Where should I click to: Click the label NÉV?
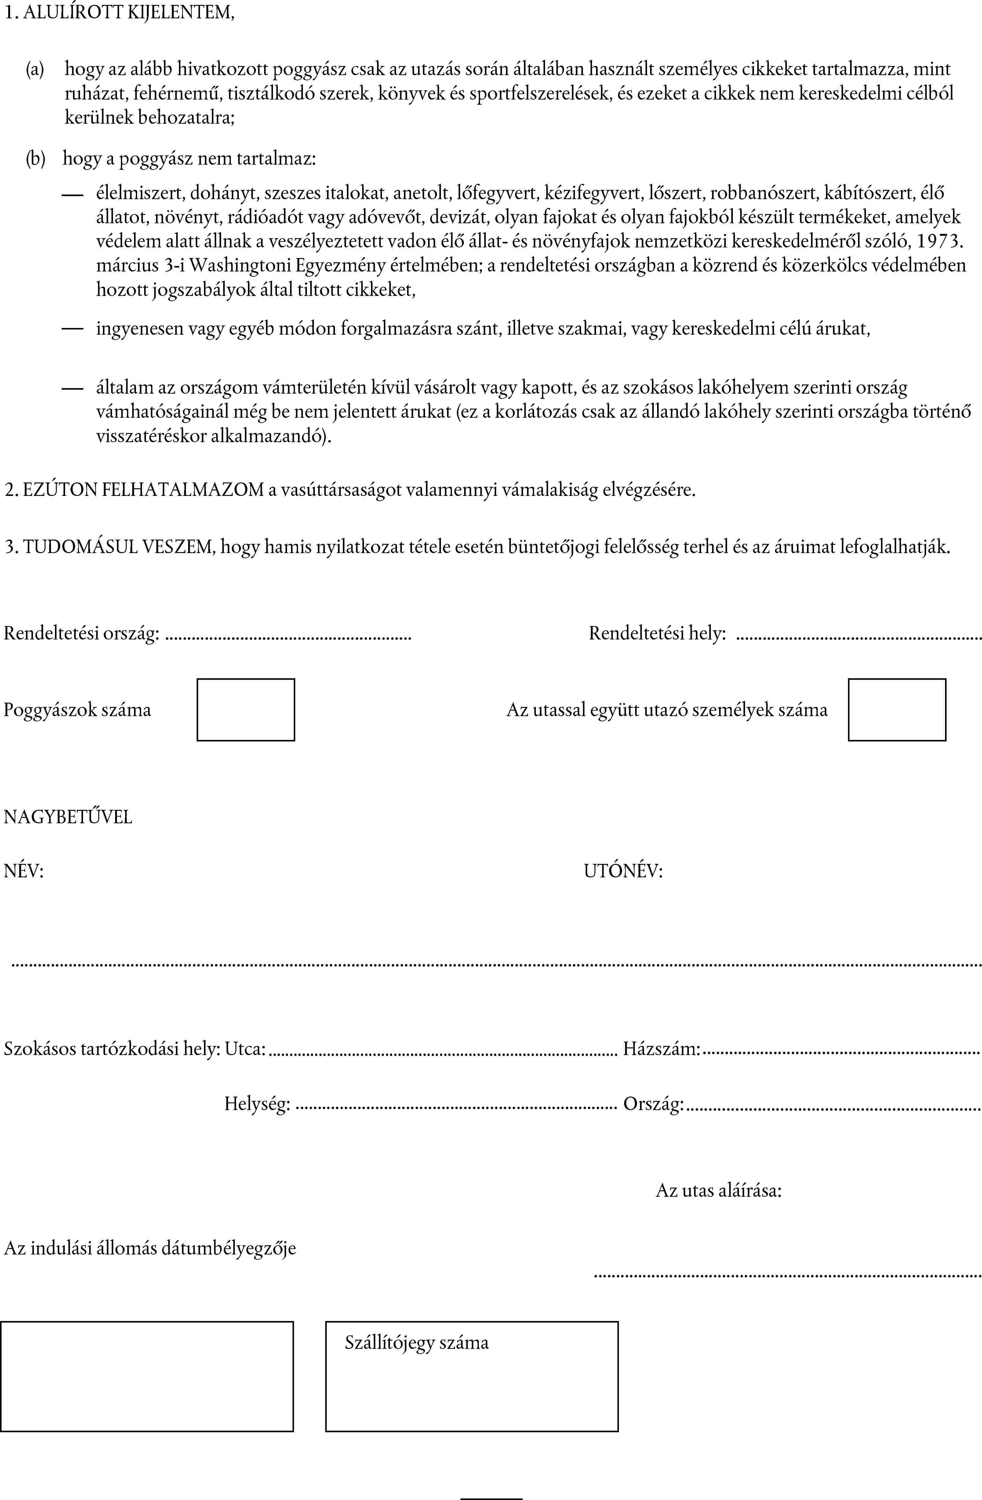point(23,871)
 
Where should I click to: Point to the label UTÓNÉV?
point(623,871)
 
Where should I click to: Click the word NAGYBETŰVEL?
point(68,817)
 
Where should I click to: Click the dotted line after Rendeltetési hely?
point(858,639)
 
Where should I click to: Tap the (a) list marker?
point(35,69)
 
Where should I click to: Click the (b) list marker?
point(35,158)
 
